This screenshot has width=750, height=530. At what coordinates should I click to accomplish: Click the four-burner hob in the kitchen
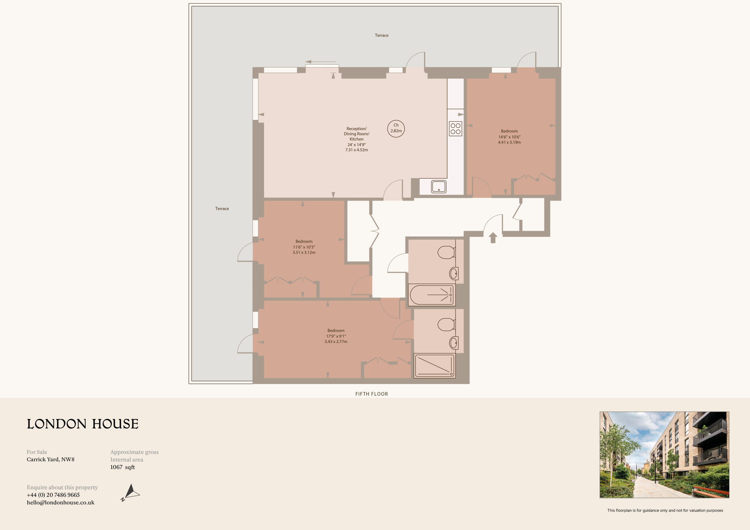click(x=456, y=128)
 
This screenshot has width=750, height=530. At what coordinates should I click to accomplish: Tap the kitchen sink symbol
click(x=438, y=187)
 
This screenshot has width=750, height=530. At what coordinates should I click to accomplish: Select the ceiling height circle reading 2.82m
click(x=396, y=128)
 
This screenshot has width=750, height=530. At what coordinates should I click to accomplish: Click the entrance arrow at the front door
click(x=493, y=238)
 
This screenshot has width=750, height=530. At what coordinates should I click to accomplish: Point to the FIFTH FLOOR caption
click(x=371, y=394)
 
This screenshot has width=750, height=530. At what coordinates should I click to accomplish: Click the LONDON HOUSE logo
click(x=83, y=424)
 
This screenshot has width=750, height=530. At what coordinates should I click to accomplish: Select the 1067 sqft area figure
click(x=123, y=467)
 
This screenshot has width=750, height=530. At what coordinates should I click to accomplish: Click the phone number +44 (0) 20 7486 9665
click(x=53, y=495)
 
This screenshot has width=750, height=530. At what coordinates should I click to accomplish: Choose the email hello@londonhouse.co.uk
click(x=60, y=503)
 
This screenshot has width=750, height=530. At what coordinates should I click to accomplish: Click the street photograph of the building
click(x=664, y=455)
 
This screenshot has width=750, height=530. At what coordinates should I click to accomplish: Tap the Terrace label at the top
click(x=382, y=36)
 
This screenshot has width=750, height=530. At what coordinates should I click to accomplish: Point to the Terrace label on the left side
click(x=222, y=209)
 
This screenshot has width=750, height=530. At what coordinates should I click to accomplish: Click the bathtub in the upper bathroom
click(x=432, y=295)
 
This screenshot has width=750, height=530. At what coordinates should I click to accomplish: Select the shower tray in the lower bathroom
click(x=434, y=366)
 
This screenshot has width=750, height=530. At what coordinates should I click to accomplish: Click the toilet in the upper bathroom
click(x=446, y=252)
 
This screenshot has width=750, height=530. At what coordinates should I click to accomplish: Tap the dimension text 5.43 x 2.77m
click(x=336, y=342)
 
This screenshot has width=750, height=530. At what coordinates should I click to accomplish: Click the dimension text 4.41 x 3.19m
click(x=509, y=142)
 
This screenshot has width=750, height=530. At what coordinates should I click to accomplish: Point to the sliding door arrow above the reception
click(x=321, y=62)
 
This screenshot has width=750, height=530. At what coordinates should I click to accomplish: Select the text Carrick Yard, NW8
click(x=51, y=459)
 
